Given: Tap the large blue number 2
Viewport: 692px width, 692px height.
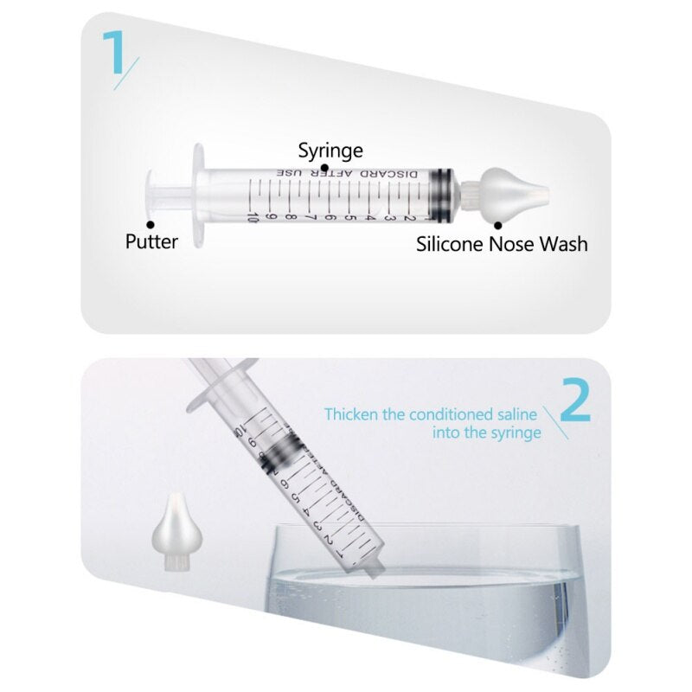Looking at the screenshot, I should click(x=575, y=400).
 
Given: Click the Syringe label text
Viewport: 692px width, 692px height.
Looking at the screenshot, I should click(x=330, y=150).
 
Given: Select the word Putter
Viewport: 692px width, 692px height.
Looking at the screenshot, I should click(x=151, y=241).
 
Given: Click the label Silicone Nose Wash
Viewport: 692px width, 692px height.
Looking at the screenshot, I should click(x=502, y=244).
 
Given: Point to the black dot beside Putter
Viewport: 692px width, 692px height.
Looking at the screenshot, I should click(x=151, y=224).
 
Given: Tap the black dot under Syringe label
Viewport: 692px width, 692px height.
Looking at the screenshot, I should click(x=324, y=167).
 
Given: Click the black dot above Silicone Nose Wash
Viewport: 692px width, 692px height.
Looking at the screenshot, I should click(x=498, y=224).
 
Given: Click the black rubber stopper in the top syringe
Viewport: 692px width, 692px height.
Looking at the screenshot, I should click(x=442, y=192).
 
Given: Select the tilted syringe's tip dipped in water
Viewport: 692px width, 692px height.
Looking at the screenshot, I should click(x=374, y=568).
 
